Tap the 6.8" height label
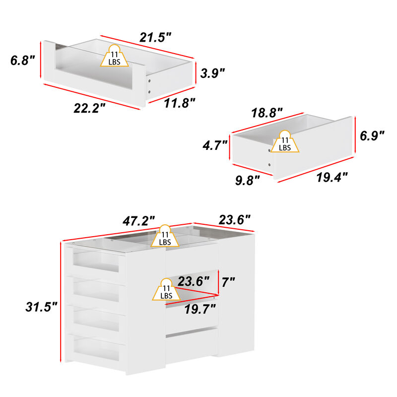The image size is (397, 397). pos(22,61)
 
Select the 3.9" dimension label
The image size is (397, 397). pos(213,73)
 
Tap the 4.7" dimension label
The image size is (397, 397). pos(215,145)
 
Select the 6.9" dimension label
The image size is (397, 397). pos(372,135)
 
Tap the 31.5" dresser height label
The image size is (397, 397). pos(41,307)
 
